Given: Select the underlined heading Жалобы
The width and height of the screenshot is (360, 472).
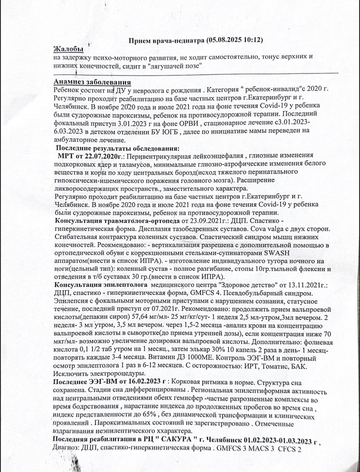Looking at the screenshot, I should click(x=68, y=49).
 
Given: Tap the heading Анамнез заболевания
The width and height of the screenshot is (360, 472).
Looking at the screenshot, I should click(x=92, y=81).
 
